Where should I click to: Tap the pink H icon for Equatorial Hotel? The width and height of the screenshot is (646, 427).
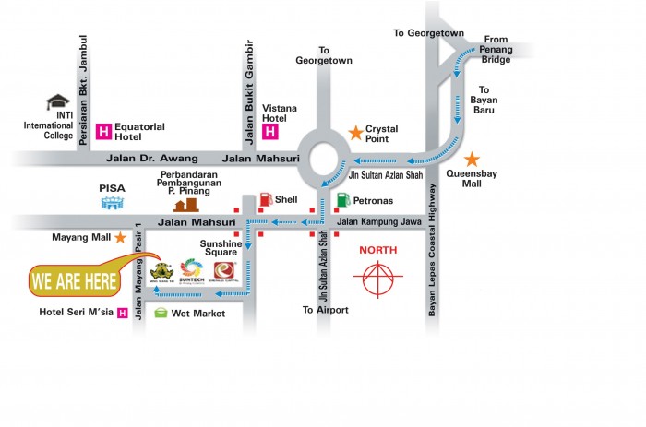tap(104, 129)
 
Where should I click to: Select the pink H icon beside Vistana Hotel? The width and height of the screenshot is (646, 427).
tap(270, 131)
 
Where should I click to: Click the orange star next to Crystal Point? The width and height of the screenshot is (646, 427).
tap(354, 134)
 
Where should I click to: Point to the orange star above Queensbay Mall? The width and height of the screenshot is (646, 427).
tap(472, 160)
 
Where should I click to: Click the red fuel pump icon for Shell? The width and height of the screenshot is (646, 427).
tap(266, 198)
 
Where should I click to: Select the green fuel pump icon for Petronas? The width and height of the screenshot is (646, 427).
tap(342, 199)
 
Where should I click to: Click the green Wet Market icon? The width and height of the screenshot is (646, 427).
tap(161, 314)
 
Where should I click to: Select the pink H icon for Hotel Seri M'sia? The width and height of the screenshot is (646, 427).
tap(121, 313)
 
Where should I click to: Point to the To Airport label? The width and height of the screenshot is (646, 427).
tap(325, 310)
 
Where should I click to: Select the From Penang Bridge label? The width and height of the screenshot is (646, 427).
tap(496, 50)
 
